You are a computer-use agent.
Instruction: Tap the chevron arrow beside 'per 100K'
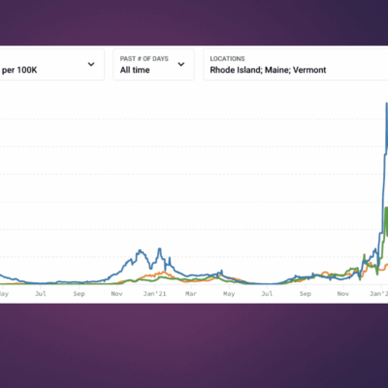91,65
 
